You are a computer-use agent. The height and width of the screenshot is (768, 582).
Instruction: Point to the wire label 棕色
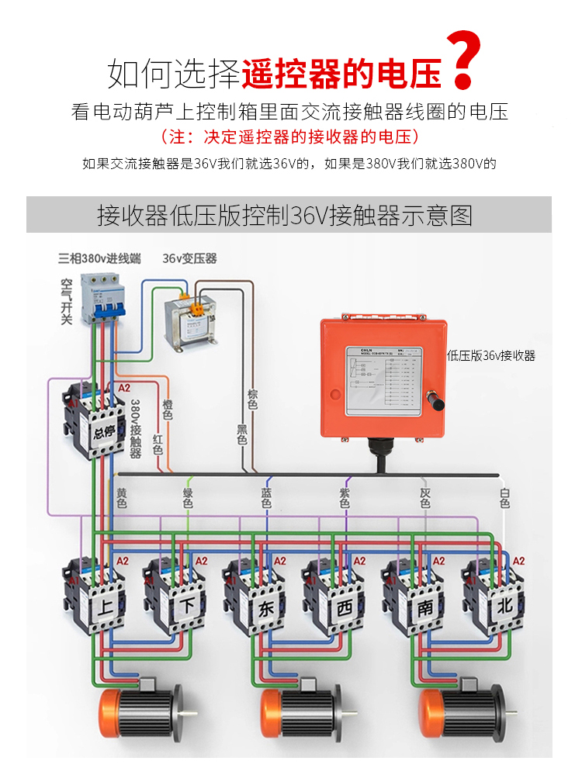pyautogui.click(x=252, y=399)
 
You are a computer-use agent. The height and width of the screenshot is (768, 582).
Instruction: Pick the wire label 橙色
pyautogui.click(x=168, y=409)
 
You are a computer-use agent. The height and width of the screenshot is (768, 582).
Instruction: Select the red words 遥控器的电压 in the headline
pyautogui.click(x=341, y=73)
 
